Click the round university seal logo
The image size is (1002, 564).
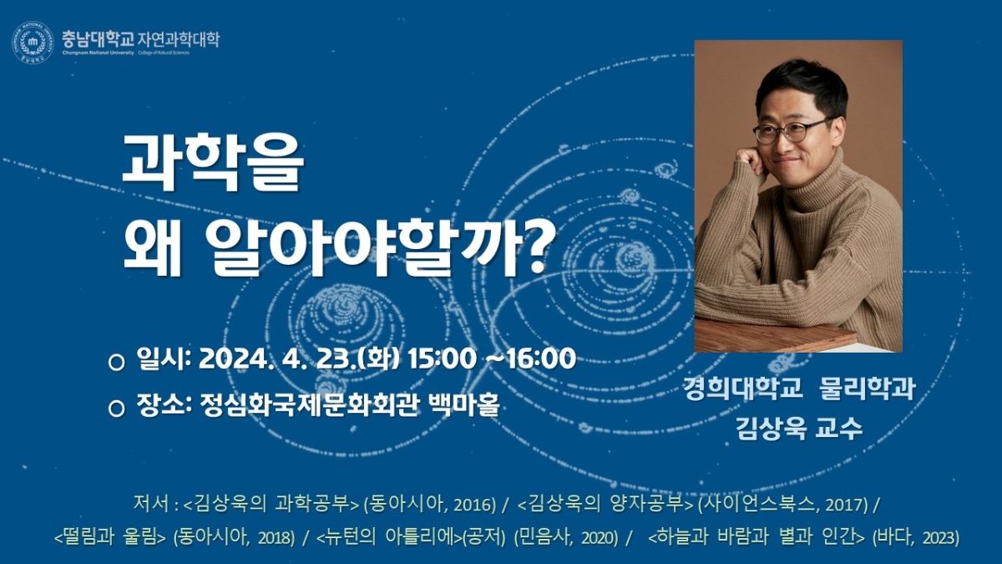pyautogui.click(x=33, y=43)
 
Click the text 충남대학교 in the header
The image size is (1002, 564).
pyautogui.click(x=98, y=39)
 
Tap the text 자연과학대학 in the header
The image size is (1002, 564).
pyautogui.click(x=179, y=39)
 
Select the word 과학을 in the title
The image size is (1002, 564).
pyautogui.click(x=213, y=162)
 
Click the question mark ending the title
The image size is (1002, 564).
pyautogui.click(x=536, y=246)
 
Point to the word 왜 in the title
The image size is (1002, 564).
pyautogui.click(x=153, y=247)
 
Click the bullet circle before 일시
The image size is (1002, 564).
pyautogui.click(x=116, y=362)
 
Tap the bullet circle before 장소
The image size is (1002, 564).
pyautogui.click(x=116, y=409)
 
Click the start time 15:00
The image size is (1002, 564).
pyautogui.click(x=442, y=359)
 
